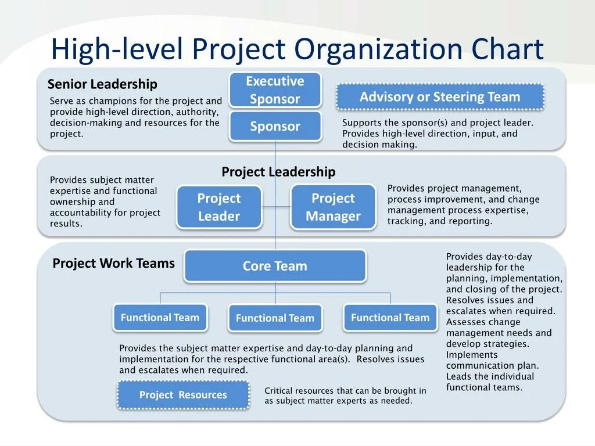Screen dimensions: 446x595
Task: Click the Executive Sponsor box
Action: click(x=275, y=90)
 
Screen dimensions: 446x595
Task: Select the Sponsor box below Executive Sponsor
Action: click(x=275, y=126)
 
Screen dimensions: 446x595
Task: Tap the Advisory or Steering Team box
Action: click(x=440, y=97)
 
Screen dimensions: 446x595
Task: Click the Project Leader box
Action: click(x=218, y=207)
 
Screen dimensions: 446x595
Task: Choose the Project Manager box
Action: click(x=333, y=207)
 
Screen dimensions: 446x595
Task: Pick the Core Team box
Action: click(x=275, y=266)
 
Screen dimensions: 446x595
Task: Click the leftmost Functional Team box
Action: click(x=160, y=318)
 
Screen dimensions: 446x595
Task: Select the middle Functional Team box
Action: click(x=275, y=318)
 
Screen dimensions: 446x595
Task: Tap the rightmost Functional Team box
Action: click(x=390, y=318)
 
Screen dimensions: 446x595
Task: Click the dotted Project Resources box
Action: click(x=183, y=395)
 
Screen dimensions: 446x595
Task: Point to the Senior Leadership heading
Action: click(x=102, y=85)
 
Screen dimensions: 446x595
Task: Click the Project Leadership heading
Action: click(x=278, y=172)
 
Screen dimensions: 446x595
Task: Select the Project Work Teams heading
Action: click(x=113, y=264)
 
